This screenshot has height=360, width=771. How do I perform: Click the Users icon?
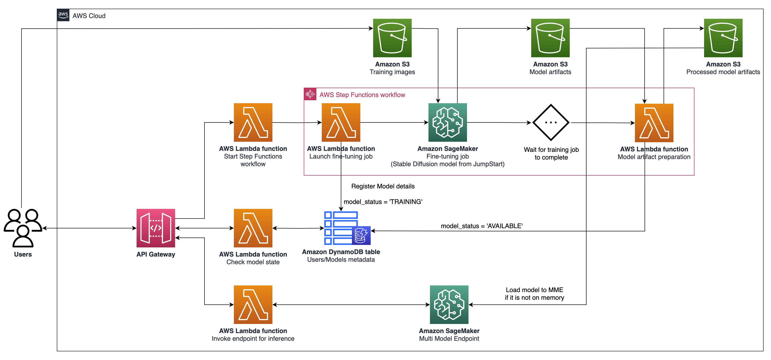pos(23,228)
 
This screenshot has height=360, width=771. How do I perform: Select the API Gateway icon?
pos(156,228)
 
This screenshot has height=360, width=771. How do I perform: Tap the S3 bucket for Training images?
pos(392,38)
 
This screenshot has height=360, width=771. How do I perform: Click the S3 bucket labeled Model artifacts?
pos(550,38)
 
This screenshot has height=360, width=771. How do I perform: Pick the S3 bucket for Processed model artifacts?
pos(723,38)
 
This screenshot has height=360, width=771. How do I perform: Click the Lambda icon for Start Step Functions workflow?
pos(253,122)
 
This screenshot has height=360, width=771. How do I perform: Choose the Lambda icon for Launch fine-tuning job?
pos(341,122)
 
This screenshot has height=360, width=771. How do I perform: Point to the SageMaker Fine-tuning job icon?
pos(447,122)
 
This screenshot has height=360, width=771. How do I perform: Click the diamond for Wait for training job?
pos(551,122)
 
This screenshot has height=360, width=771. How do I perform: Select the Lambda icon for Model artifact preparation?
pos(654,123)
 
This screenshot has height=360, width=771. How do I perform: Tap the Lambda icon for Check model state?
pos(253,228)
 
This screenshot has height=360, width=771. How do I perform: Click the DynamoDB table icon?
pos(347,228)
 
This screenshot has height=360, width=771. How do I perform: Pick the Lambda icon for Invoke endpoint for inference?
pos(253,305)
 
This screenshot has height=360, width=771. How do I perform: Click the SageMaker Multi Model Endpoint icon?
pos(449,305)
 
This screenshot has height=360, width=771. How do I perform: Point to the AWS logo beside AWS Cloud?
pos(63,15)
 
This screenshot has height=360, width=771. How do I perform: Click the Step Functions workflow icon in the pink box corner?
pos(310,94)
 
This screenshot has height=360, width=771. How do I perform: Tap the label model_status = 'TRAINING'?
pos(383,202)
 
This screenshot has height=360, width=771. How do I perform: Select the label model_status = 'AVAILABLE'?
pos(482,226)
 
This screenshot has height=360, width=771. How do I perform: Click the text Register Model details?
pos(383,186)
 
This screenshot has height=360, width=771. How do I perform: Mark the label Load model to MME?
pos(534,290)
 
